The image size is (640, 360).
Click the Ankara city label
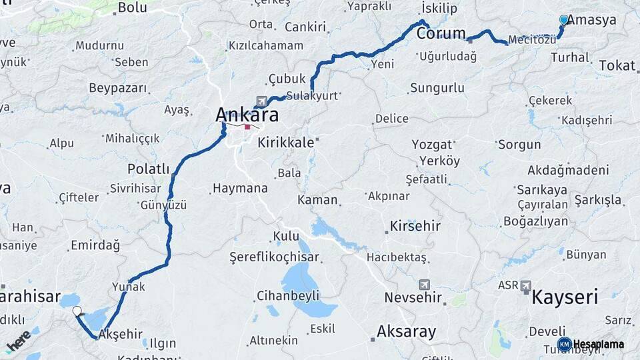247,115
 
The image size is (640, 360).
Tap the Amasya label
593,20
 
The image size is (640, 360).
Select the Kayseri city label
565,297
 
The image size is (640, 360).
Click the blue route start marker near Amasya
564,20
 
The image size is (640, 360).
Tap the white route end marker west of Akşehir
77,311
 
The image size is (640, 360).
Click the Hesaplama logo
591,344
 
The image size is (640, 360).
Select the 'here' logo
19,341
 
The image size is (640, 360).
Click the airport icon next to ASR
526,286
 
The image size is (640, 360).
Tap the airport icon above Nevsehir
425,285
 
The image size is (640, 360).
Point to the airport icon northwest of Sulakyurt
261,101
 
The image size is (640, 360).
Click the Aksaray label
406,331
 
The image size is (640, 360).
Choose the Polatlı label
149,169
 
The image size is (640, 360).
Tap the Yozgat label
431,145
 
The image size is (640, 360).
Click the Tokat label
617,65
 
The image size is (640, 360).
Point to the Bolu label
132,8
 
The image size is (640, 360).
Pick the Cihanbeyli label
289,295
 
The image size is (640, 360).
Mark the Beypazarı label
117,89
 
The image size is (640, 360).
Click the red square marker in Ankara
248,127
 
